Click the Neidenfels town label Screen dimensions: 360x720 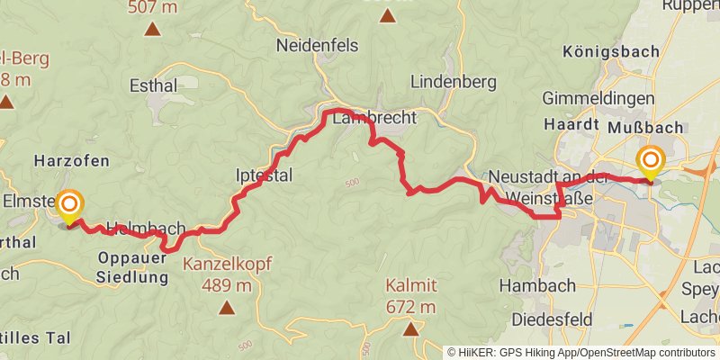[317, 45]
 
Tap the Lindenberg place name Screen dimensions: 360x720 [453, 81]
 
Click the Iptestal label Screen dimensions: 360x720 [263, 175]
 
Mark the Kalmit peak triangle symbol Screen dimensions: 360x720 [411, 329]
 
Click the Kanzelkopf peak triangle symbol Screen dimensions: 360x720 [226, 308]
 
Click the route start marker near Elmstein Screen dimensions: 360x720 [69, 206]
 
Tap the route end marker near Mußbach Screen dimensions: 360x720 [650, 162]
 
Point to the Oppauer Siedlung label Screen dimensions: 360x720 [132, 268]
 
